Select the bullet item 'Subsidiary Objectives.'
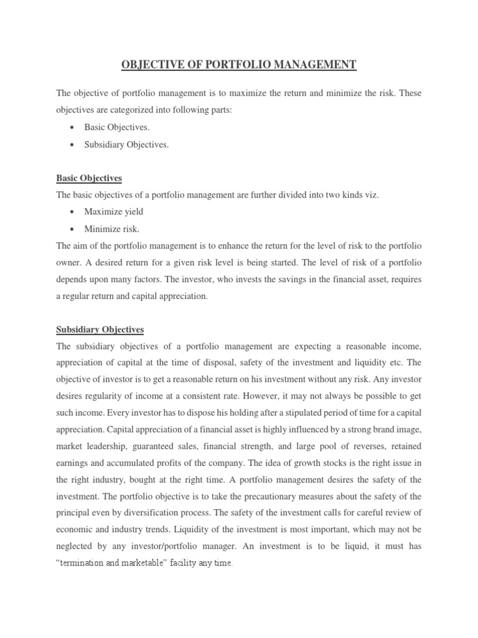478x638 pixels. click(x=126, y=145)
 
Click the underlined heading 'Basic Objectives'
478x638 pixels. click(x=89, y=178)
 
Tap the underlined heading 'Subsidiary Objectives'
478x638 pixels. click(x=100, y=329)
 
